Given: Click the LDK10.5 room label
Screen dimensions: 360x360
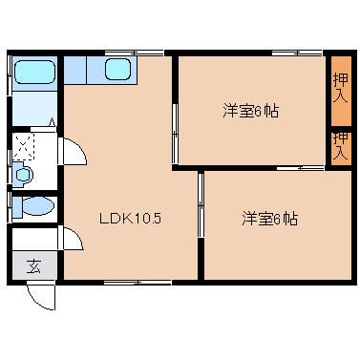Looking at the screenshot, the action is click(131, 219).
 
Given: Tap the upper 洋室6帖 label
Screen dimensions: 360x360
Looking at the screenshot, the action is click(251, 112).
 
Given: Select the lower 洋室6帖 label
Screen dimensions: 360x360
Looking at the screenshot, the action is click(270, 219).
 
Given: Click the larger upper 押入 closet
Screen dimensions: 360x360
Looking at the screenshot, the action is click(341, 91).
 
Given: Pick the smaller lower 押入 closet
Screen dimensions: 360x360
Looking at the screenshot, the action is click(341, 149).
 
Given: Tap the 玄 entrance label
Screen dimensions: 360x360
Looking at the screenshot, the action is click(33, 266).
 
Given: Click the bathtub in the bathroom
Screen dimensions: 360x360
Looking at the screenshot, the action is click(35, 73).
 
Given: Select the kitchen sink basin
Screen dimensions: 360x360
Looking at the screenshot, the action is click(117, 70).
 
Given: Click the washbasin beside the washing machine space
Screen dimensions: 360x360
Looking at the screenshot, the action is click(24, 175).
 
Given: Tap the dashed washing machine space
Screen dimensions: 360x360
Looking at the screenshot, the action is click(23, 146).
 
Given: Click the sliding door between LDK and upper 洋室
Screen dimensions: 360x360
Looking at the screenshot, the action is click(175, 134).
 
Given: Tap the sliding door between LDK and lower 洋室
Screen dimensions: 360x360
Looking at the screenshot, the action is click(201, 204).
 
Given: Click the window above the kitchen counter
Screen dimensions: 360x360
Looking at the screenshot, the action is click(135, 53).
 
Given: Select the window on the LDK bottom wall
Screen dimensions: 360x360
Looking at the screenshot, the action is click(138, 282).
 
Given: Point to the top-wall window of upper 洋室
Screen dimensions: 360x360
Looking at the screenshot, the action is click(297, 53).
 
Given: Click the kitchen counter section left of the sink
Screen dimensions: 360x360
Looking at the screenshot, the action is click(75, 70).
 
